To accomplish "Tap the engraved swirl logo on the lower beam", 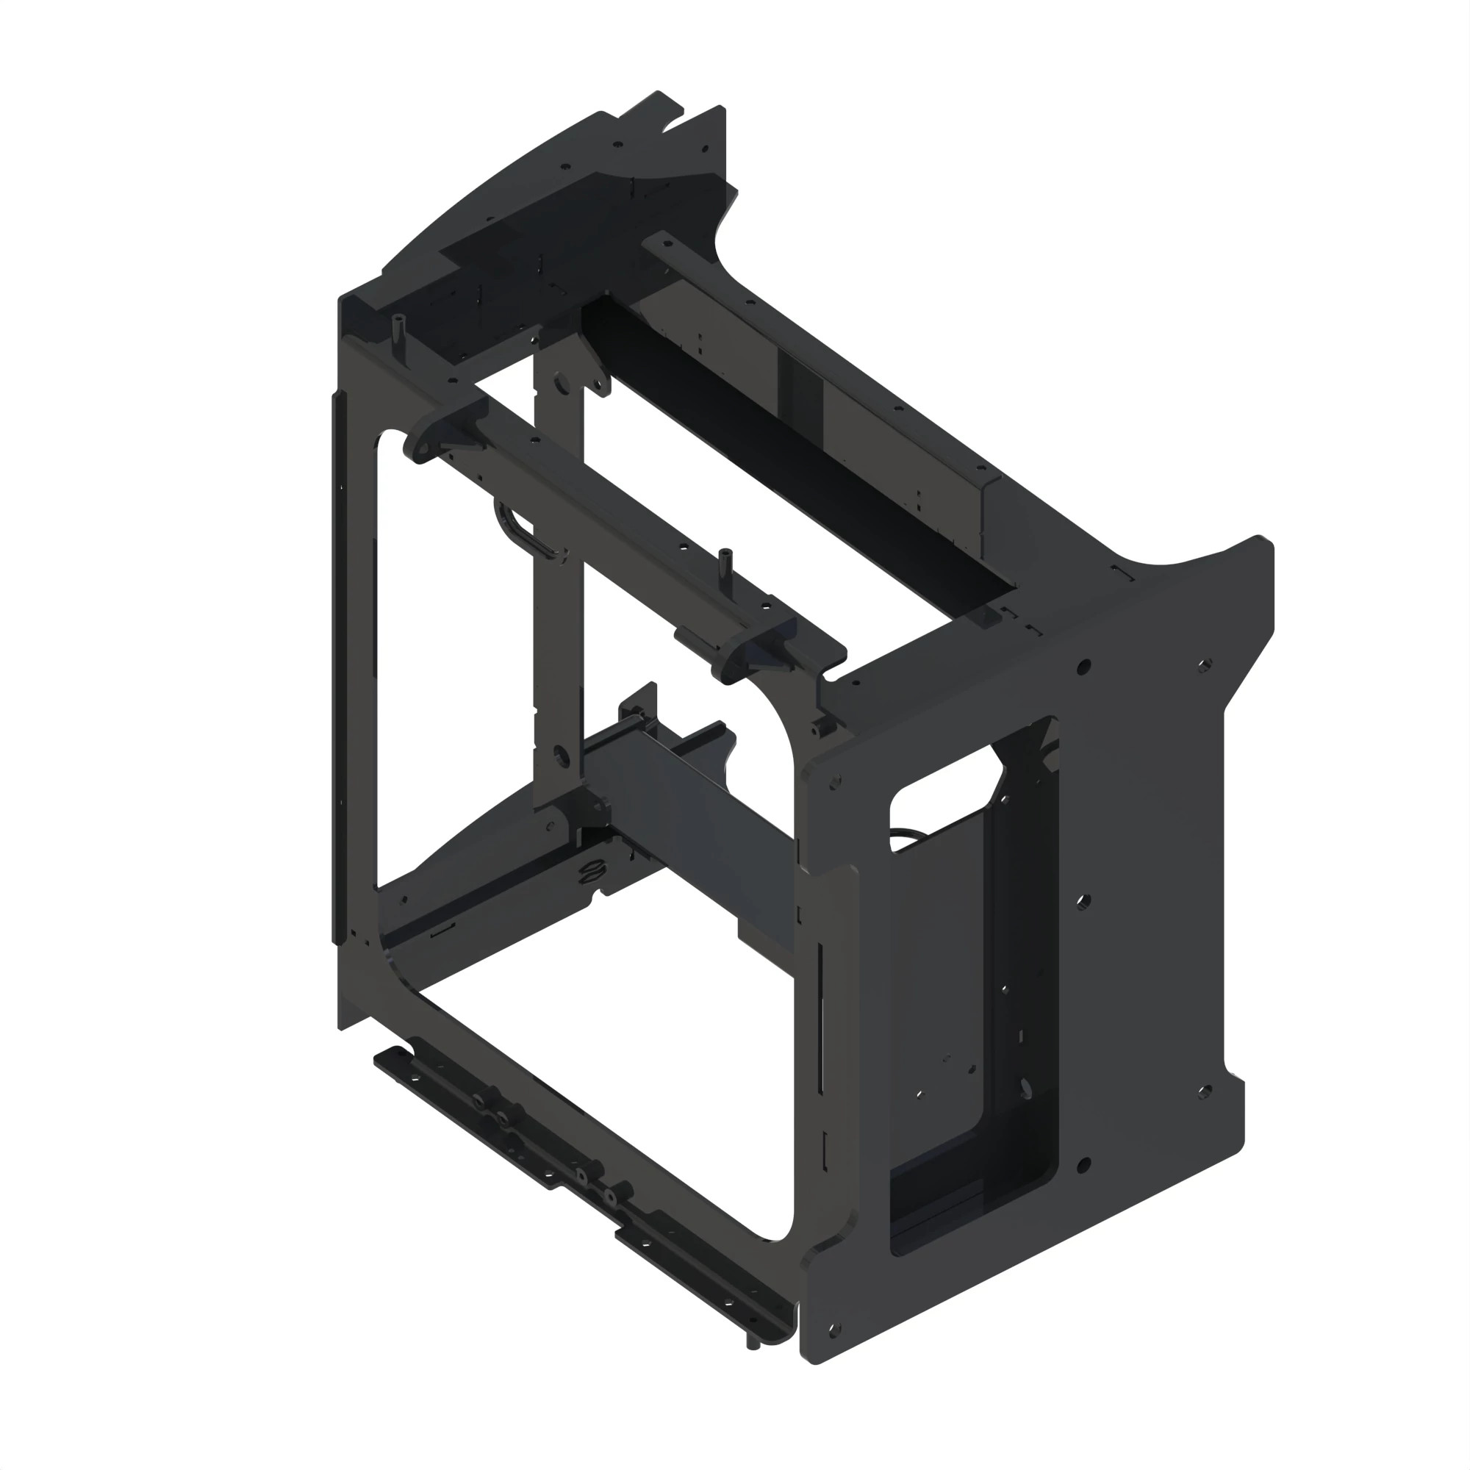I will [x=589, y=872].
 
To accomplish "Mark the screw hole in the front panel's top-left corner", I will [x=836, y=781].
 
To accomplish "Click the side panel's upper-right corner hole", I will [x=1204, y=666].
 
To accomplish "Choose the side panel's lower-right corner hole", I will [x=1204, y=1093].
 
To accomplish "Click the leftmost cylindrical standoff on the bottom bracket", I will [x=481, y=1104].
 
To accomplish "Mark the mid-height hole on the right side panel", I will [x=1083, y=903].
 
